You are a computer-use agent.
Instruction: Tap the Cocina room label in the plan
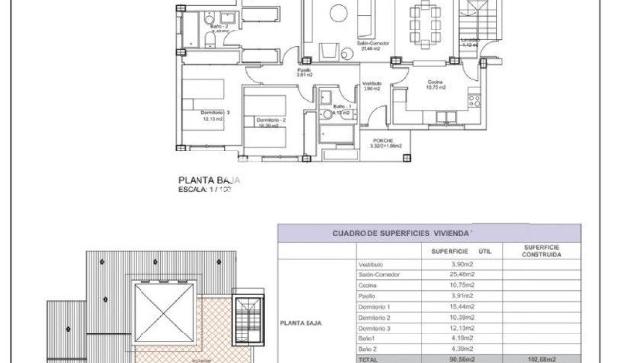point(434,84)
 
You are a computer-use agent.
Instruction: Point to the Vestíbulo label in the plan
point(371,86)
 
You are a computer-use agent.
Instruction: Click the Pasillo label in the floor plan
point(305,71)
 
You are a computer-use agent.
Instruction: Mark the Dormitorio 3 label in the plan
point(214,115)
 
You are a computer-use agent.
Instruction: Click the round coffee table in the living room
point(336,12)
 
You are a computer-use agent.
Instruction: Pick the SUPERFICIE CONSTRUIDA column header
point(541,251)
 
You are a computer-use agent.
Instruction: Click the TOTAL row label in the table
point(368,358)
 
